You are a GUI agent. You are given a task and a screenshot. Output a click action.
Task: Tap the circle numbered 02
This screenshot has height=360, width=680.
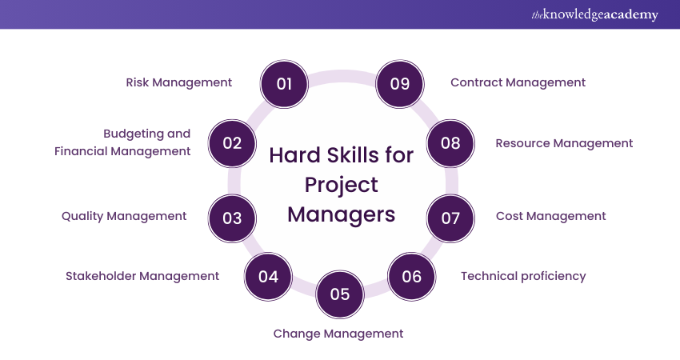(232, 143)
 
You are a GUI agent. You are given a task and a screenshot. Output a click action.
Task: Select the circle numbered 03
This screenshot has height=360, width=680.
(232, 217)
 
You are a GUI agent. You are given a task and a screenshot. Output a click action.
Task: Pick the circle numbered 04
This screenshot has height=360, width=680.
(268, 277)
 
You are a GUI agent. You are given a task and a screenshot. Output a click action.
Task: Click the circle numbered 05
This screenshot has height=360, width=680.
(340, 294)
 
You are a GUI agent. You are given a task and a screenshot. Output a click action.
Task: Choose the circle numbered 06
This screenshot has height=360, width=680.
(411, 277)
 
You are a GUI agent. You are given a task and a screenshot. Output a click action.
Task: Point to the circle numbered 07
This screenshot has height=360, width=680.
(450, 217)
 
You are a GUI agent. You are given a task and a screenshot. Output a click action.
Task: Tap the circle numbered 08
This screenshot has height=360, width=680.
(450, 143)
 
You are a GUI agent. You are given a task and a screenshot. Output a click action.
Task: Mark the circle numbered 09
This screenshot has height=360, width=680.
(400, 83)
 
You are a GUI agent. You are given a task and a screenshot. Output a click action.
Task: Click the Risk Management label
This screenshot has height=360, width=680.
(179, 82)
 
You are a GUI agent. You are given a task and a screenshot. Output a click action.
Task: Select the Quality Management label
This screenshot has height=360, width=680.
(124, 216)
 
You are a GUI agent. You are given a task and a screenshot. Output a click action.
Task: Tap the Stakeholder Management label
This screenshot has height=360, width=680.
(142, 276)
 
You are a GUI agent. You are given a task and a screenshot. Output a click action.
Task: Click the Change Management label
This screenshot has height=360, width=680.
(338, 334)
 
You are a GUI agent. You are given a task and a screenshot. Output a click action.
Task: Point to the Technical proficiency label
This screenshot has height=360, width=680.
(523, 276)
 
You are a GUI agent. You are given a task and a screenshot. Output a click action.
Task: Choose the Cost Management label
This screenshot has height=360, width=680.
(550, 216)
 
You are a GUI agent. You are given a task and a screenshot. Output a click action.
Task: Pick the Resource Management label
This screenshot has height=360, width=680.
(564, 143)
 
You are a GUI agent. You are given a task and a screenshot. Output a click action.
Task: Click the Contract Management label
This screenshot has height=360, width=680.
(518, 82)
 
